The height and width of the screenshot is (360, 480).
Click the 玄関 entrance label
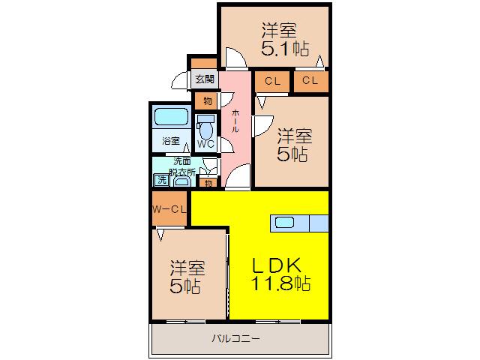[205, 79]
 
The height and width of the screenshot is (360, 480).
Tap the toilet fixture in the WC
[205, 127]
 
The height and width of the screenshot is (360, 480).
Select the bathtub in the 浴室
[172, 117]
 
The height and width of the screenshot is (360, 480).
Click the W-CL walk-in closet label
[169, 209]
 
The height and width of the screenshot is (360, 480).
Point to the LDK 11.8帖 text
[280, 274]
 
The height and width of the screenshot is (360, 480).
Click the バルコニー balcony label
[236, 338]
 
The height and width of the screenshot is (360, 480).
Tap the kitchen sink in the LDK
[285, 223]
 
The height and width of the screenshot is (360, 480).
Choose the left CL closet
[272, 81]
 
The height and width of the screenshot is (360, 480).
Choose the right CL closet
[311, 81]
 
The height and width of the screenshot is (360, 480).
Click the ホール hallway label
[235, 121]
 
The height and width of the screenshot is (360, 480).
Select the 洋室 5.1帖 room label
[284, 39]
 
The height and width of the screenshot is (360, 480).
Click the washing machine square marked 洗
[162, 180]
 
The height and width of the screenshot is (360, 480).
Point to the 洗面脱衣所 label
[182, 166]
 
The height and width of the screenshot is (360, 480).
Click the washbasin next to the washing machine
[182, 182]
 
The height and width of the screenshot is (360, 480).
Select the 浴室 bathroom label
[171, 141]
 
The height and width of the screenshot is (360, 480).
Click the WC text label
[205, 144]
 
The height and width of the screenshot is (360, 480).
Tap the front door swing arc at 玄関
[178, 80]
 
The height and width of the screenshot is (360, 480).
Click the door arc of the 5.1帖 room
[236, 57]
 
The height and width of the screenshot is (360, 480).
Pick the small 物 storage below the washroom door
[208, 183]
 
